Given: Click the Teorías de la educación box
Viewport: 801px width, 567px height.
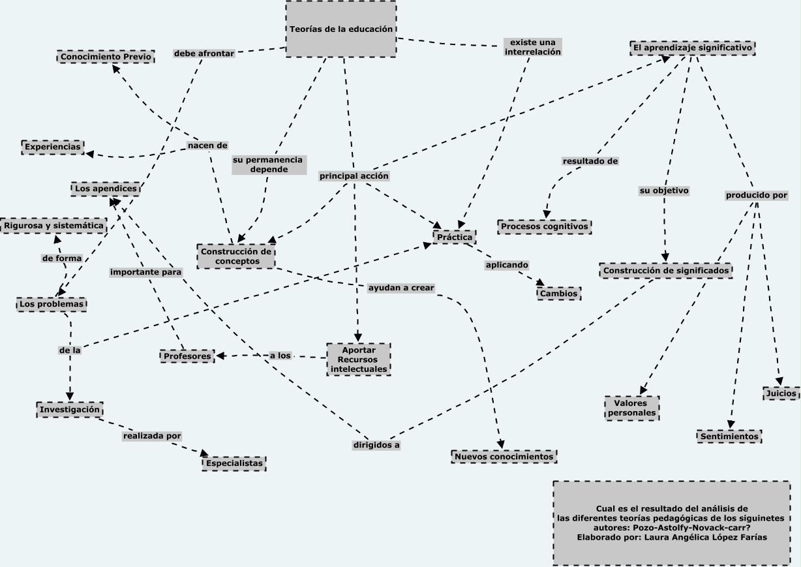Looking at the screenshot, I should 340,29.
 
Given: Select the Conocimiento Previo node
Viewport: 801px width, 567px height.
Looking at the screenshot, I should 106,57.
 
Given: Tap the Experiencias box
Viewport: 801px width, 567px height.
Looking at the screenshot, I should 53,147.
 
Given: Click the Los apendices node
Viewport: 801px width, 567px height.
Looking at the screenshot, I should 106,189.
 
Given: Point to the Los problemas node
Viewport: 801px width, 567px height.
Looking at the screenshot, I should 52,304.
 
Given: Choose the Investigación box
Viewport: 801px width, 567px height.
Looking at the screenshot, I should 70,409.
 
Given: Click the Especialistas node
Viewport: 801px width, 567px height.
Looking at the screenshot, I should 234,463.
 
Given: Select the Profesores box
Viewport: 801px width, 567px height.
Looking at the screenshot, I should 187,356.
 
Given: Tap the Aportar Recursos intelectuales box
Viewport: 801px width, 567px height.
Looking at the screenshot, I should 359,360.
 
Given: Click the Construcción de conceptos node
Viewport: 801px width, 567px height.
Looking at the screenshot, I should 235,256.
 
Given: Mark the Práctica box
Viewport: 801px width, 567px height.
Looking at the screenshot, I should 455,238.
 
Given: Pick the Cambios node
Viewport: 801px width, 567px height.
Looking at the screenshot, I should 558,294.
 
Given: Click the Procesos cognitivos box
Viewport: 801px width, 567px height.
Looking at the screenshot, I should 545,226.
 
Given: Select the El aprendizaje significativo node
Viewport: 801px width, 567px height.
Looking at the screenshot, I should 693,48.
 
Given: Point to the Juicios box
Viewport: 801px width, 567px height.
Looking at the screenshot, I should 781,393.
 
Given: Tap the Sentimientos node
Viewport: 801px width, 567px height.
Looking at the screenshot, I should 729,436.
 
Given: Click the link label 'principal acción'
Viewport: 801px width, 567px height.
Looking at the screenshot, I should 354,176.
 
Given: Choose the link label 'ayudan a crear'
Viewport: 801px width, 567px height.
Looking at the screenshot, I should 400,288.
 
